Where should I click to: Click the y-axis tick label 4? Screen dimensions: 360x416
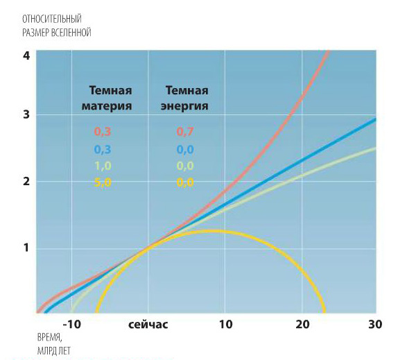click(x=26, y=55)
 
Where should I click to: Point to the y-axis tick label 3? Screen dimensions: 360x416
click(x=26, y=115)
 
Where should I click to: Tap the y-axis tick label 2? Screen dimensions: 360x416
click(x=26, y=182)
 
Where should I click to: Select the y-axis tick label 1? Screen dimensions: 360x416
click(x=26, y=248)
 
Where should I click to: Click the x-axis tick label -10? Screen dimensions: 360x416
click(x=71, y=325)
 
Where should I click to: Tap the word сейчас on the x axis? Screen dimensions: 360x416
click(x=148, y=325)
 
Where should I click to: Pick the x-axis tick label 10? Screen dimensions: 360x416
click(x=225, y=325)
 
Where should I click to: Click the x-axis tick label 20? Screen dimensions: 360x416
click(x=302, y=325)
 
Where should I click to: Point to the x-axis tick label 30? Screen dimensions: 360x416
click(x=375, y=325)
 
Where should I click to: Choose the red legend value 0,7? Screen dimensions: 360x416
click(x=185, y=132)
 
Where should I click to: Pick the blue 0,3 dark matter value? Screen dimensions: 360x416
click(x=103, y=149)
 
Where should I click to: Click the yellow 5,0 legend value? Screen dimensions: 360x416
click(x=103, y=182)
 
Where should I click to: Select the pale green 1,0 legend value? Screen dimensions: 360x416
click(x=103, y=166)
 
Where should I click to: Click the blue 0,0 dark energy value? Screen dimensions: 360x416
click(x=185, y=149)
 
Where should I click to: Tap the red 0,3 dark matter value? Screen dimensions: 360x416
click(x=103, y=132)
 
